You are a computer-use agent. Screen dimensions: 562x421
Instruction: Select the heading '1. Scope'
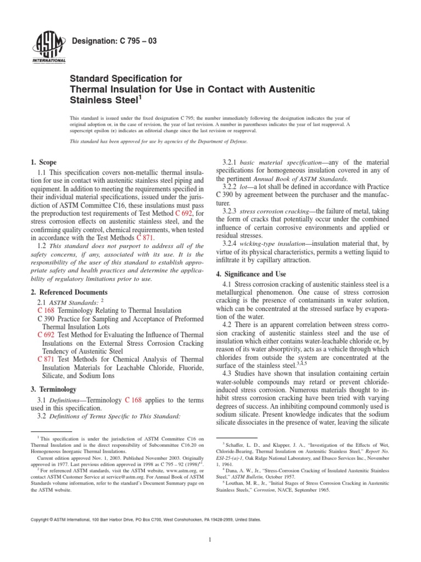point(42,162)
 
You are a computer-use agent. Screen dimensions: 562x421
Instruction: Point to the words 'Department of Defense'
point(225,142)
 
